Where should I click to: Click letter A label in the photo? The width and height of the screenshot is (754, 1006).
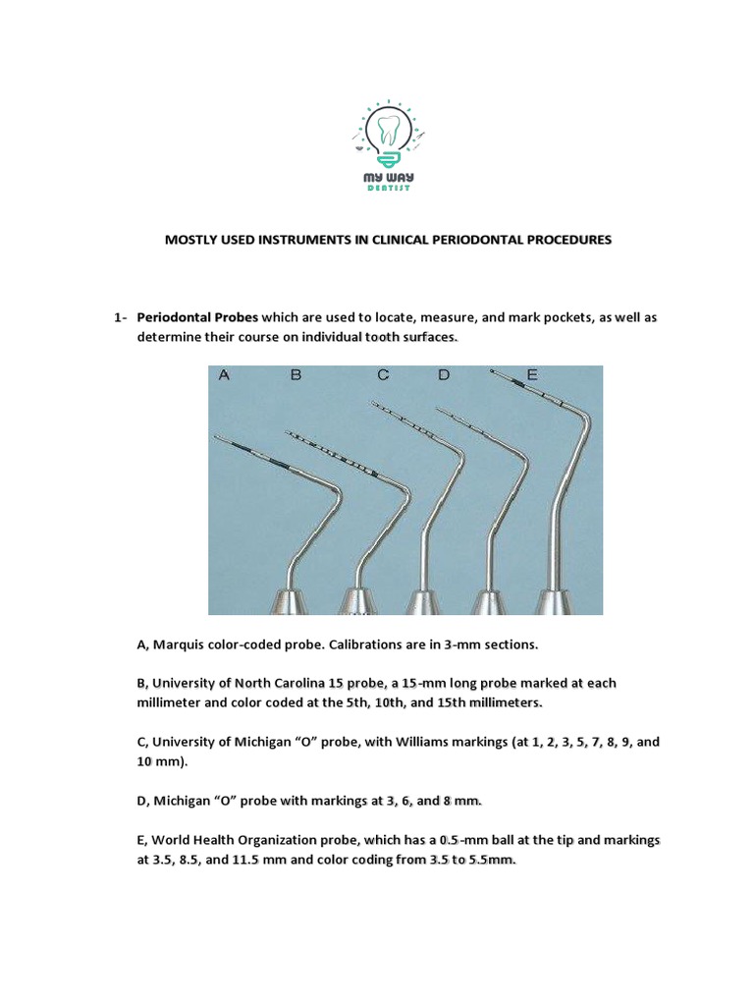coord(224,375)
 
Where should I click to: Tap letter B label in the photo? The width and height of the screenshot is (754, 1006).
coord(294,375)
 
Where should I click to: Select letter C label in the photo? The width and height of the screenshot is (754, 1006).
coord(384,375)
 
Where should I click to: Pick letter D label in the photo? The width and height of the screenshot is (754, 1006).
coord(445,375)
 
